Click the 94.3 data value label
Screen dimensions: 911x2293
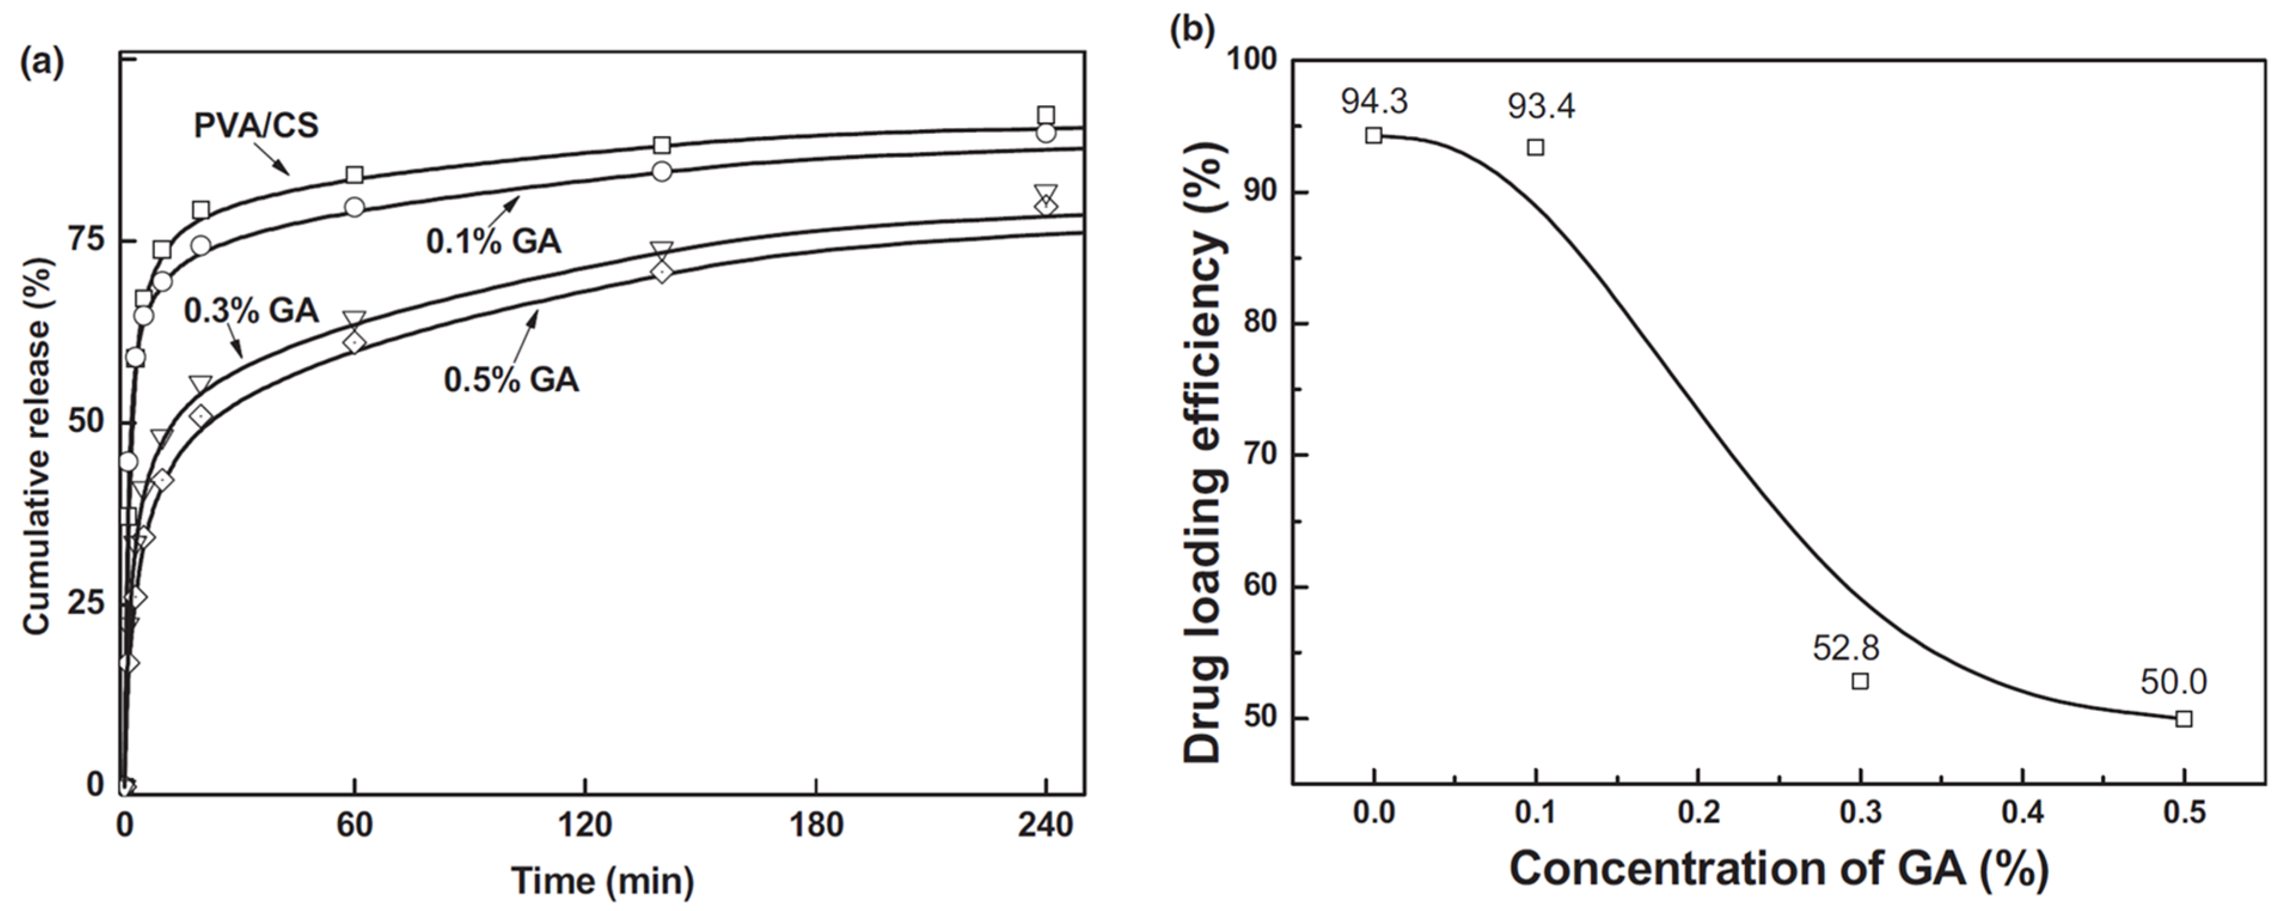point(1374,102)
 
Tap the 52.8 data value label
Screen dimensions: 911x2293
point(1845,648)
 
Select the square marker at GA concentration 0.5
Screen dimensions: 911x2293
point(2184,718)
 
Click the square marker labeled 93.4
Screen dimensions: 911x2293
point(1535,147)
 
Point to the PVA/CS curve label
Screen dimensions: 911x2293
point(256,125)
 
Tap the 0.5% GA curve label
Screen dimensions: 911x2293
point(511,380)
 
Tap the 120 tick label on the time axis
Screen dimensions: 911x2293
point(585,826)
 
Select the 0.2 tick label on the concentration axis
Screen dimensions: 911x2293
point(1698,812)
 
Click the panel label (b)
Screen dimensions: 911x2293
point(1192,29)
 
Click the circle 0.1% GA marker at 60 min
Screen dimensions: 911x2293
point(354,207)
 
